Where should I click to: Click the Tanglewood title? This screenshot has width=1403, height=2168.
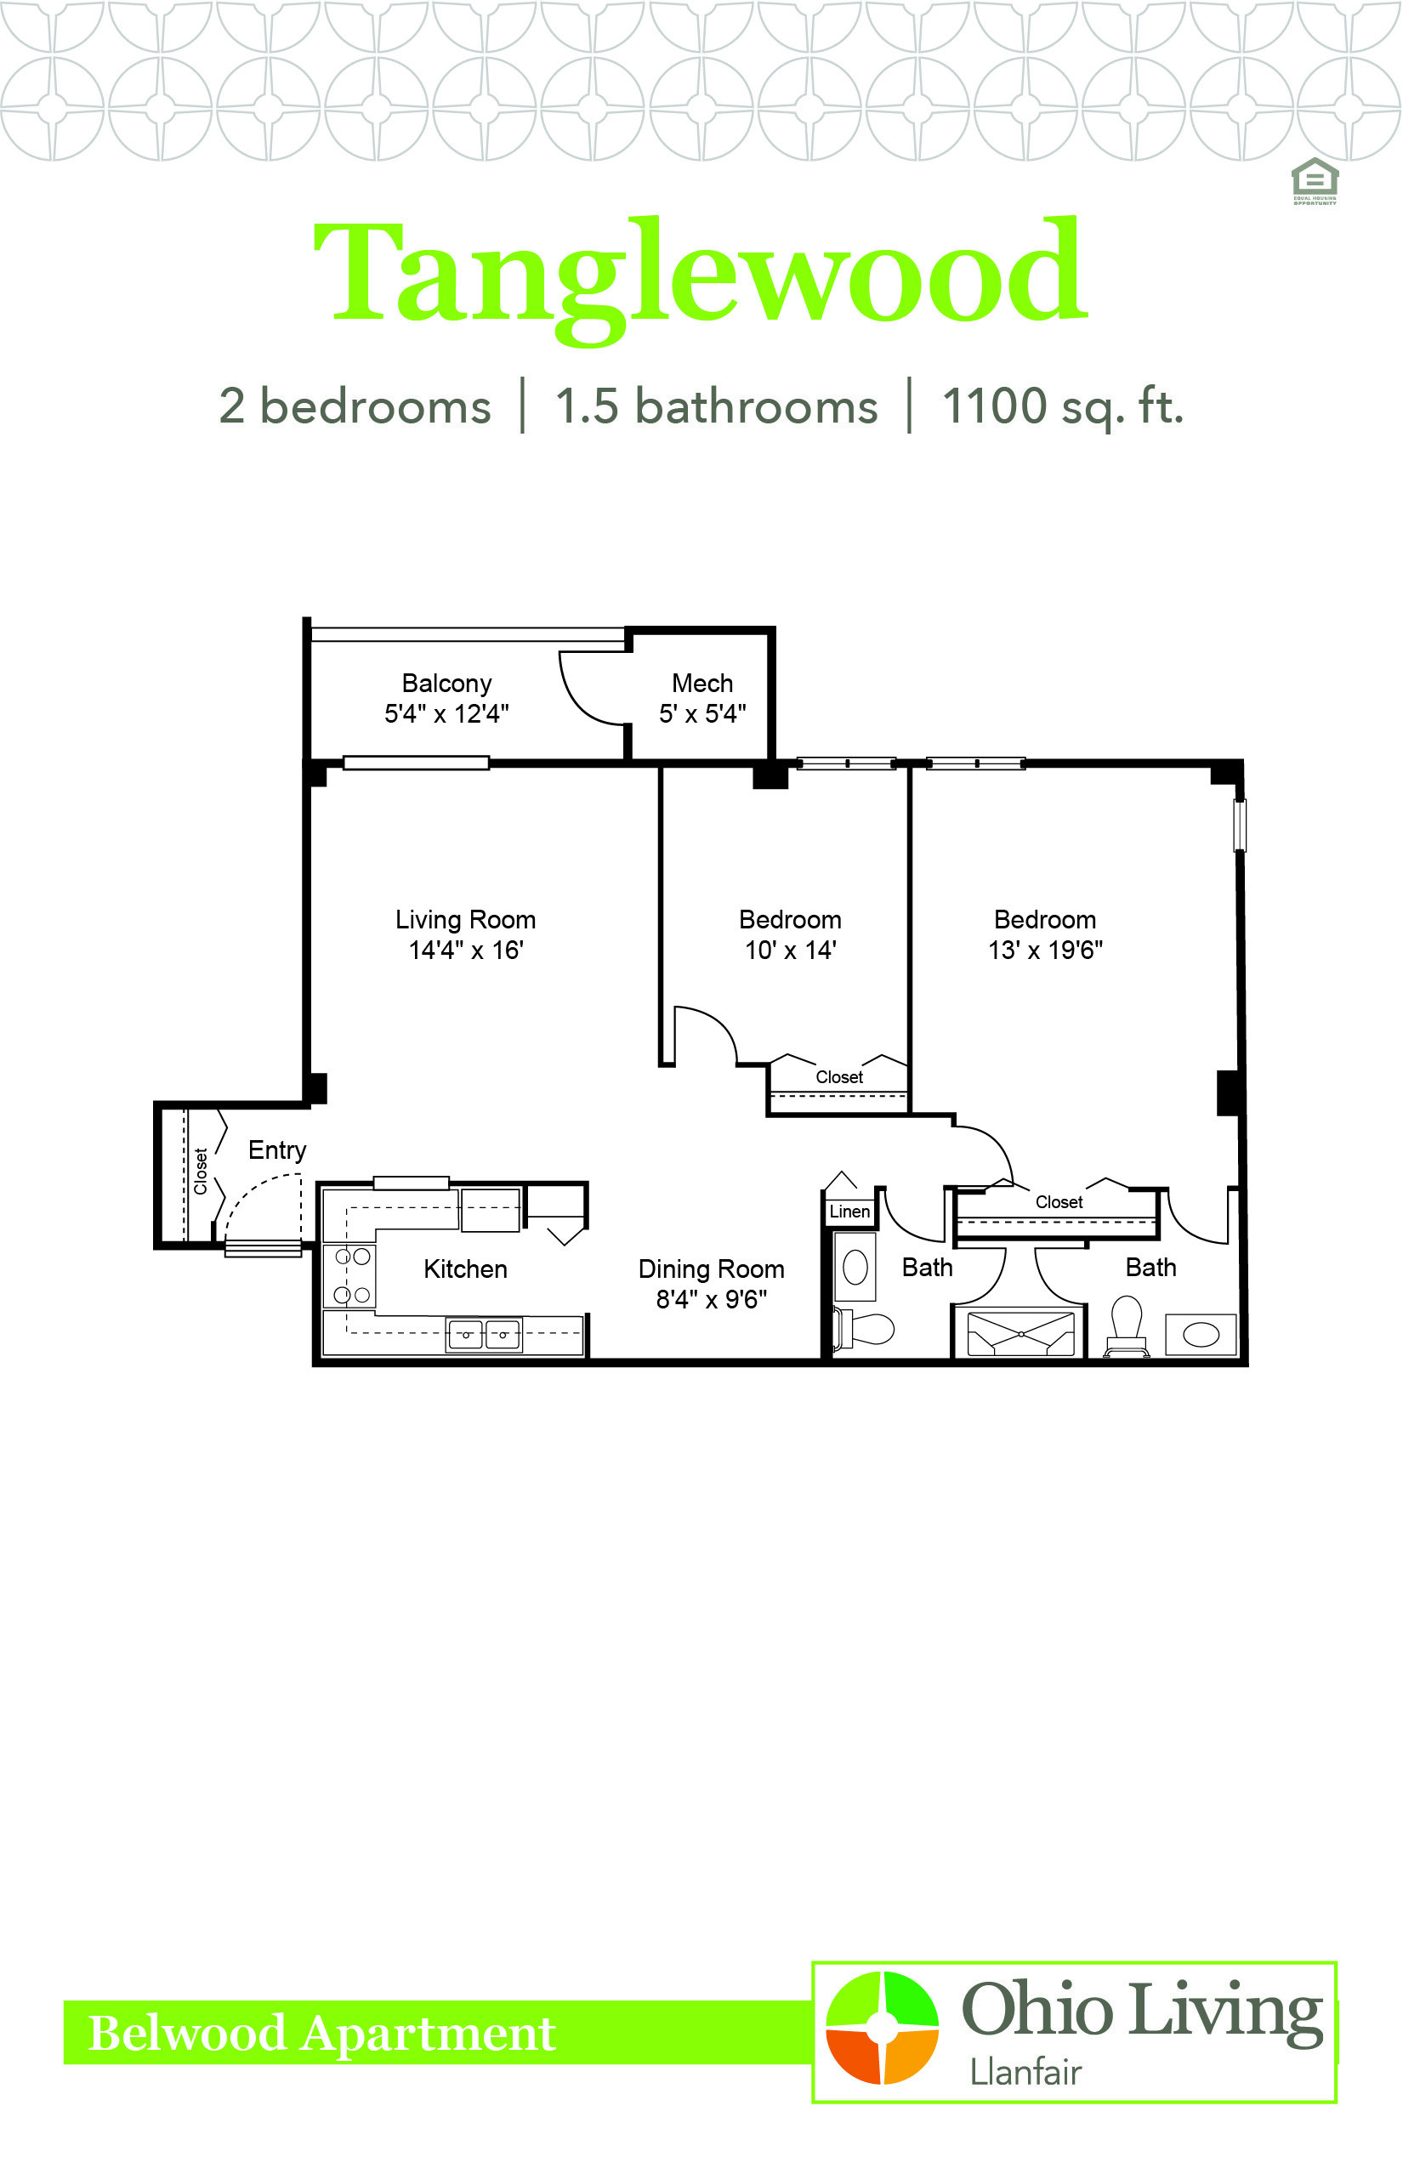click(701, 279)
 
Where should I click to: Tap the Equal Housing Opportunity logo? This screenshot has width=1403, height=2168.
click(1315, 181)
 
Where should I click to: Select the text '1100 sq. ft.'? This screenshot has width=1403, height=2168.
click(1062, 406)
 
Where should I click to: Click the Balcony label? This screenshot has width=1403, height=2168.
click(446, 684)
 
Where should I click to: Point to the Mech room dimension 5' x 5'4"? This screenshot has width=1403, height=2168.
click(702, 714)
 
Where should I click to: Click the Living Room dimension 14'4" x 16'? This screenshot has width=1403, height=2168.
click(466, 951)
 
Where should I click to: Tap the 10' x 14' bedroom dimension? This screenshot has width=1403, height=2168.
click(790, 951)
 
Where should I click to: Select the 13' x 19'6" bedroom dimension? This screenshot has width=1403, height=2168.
click(1045, 951)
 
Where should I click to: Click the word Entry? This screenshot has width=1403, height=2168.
click(277, 1150)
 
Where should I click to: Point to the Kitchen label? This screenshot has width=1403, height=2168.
click(466, 1268)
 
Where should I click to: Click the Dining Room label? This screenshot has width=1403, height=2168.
click(712, 1268)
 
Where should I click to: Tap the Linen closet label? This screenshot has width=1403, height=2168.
click(849, 1212)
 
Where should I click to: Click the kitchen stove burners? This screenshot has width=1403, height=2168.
click(352, 1275)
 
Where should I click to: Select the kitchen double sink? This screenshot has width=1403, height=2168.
click(484, 1335)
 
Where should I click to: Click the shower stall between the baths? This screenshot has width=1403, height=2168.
click(1020, 1334)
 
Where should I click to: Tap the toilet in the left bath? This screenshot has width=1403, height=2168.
click(864, 1328)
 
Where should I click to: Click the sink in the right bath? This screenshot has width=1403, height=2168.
click(1201, 1336)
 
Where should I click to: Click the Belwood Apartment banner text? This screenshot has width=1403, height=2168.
click(321, 2033)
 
